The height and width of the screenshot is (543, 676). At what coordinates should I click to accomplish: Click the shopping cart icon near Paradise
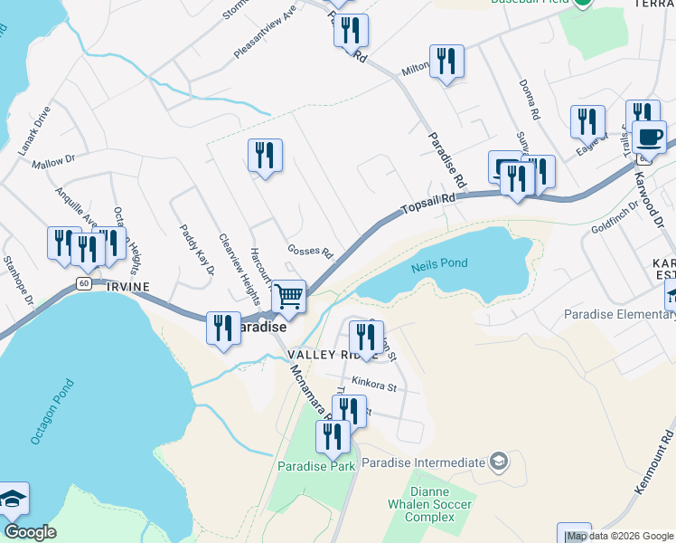[288, 295]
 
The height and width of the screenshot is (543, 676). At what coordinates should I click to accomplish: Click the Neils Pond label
[439, 263]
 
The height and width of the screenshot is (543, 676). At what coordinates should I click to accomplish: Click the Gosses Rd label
[311, 251]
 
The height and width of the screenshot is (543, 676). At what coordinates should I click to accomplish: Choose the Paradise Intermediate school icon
[498, 462]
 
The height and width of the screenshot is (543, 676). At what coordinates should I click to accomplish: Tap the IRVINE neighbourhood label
[126, 286]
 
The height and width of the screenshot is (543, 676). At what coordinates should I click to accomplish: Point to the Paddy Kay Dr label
[196, 250]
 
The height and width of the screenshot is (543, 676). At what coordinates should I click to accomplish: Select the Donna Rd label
[529, 100]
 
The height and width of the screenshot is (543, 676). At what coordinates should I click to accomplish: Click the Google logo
[30, 532]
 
